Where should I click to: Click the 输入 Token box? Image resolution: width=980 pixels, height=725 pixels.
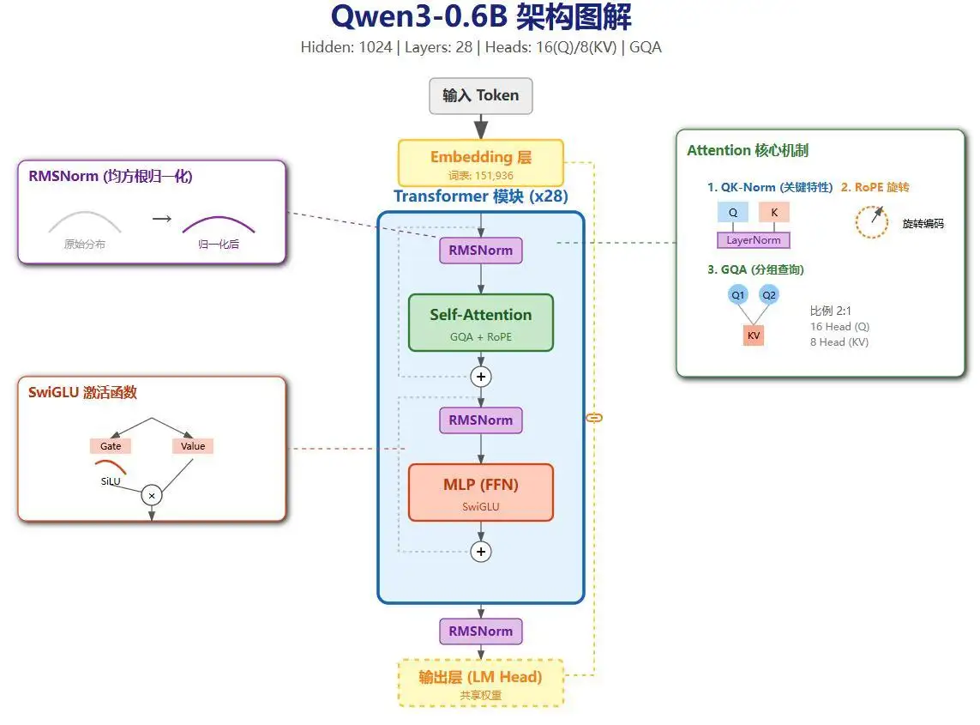click(x=481, y=96)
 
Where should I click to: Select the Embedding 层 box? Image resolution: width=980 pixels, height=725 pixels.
click(x=481, y=162)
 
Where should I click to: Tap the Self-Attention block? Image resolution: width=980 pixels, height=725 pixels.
click(x=481, y=323)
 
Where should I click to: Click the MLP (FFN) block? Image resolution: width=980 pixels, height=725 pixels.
click(x=481, y=492)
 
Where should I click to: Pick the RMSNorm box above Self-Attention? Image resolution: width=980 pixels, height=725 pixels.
click(x=481, y=251)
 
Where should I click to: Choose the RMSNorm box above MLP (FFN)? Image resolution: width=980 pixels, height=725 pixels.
click(x=481, y=420)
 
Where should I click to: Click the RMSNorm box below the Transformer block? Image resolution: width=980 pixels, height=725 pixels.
click(x=481, y=631)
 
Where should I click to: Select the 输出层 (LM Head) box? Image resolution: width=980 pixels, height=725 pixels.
click(x=481, y=682)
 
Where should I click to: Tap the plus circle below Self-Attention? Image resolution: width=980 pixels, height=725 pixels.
click(x=481, y=377)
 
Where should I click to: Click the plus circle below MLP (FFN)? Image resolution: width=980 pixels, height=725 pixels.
click(x=481, y=552)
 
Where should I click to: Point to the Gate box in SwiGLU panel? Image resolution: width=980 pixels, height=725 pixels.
click(x=111, y=446)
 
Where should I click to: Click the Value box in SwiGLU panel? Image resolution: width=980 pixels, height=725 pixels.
click(x=193, y=446)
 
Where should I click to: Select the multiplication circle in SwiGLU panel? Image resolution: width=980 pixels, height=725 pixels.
click(x=152, y=495)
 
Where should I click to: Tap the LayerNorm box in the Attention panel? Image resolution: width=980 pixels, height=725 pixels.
click(x=754, y=240)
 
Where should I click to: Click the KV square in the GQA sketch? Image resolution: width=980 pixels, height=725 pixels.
click(x=754, y=335)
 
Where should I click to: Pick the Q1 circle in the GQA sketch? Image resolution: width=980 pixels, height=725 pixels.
click(x=738, y=295)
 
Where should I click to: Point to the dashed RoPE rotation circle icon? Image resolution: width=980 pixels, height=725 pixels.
click(x=872, y=222)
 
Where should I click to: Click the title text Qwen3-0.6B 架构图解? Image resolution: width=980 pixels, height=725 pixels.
click(x=481, y=18)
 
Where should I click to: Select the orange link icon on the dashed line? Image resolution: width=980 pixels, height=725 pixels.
click(x=593, y=418)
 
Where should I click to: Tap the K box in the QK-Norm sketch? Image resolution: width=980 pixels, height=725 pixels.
click(x=774, y=213)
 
